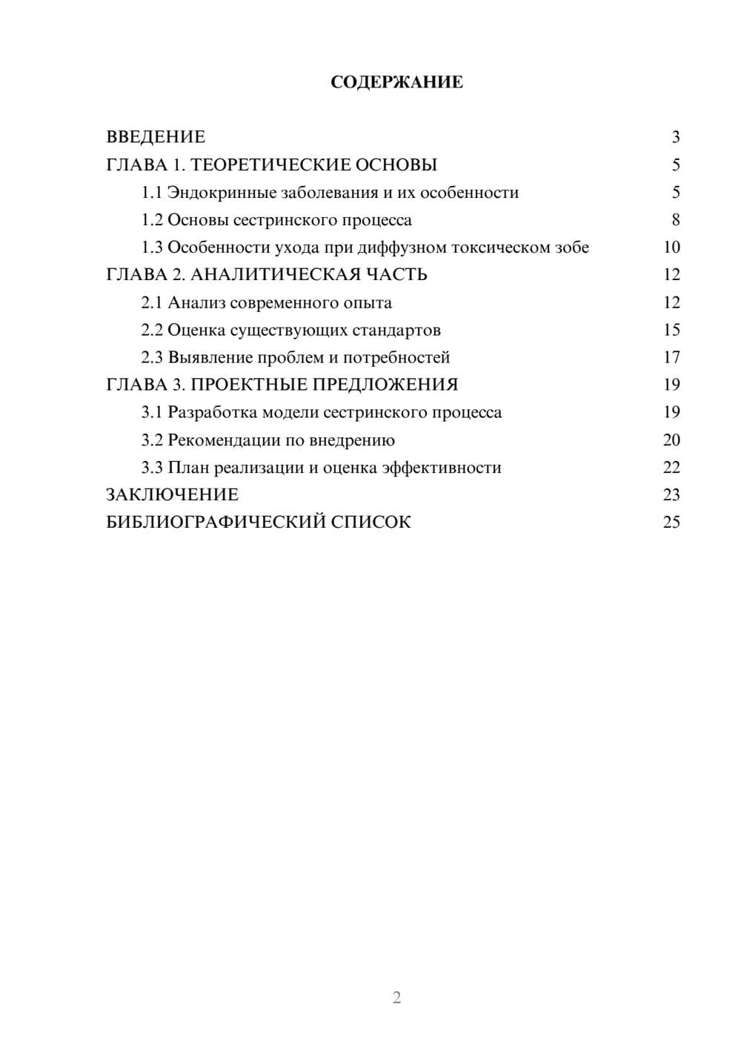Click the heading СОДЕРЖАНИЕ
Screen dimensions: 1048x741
pos(396,82)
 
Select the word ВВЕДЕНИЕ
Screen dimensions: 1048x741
pos(156,137)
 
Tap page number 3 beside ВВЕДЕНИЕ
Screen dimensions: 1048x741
pos(675,137)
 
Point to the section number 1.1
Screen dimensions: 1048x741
pos(152,193)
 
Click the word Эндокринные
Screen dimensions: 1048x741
pos(222,193)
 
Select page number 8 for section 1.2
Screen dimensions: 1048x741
pos(675,220)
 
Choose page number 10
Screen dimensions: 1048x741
pos(671,248)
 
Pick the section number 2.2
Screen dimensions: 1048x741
pos(152,330)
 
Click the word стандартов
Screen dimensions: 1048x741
pos(396,330)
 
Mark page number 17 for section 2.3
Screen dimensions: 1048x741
pos(671,357)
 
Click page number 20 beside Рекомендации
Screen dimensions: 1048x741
pos(671,440)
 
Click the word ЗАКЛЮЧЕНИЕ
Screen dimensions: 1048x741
pos(173,495)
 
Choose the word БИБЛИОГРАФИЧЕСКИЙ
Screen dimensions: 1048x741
pos(216,523)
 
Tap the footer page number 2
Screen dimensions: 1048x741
pos(396,998)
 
